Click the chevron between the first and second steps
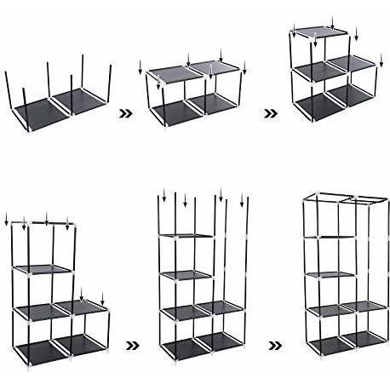coord(126,111)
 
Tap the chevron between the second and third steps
coord(269,112)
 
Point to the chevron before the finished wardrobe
coord(274,346)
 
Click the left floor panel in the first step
coord(39,107)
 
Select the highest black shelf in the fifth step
coord(186,236)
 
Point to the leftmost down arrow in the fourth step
coord(8,223)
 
